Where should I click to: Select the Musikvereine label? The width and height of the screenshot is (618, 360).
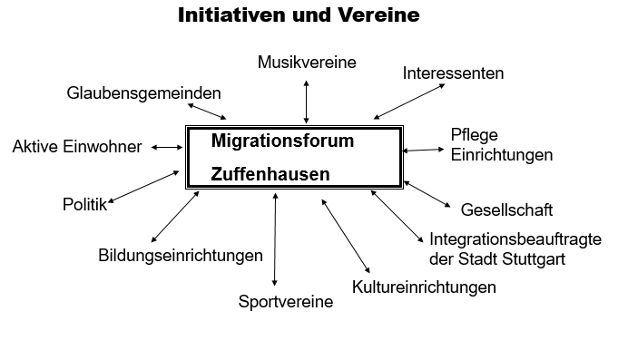tap(307, 62)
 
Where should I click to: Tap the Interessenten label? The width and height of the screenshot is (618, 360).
tap(453, 73)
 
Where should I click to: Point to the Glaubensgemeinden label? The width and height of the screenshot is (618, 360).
tap(143, 93)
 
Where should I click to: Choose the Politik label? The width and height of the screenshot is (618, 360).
tap(84, 204)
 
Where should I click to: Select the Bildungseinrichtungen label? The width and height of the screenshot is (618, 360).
tap(181, 256)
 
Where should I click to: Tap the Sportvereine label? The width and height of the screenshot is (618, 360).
tap(285, 302)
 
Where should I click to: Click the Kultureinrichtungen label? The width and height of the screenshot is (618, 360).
tap(424, 287)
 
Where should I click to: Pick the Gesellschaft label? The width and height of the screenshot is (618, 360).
tap(506, 210)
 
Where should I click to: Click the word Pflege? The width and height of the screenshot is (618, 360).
tap(474, 135)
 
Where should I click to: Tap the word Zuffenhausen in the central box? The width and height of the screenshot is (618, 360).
tap(270, 173)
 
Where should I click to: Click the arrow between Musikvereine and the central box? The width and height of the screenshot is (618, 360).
tap(307, 100)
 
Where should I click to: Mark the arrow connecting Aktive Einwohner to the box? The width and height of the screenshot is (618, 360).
tap(167, 147)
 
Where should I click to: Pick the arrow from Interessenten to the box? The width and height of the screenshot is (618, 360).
tap(409, 101)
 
